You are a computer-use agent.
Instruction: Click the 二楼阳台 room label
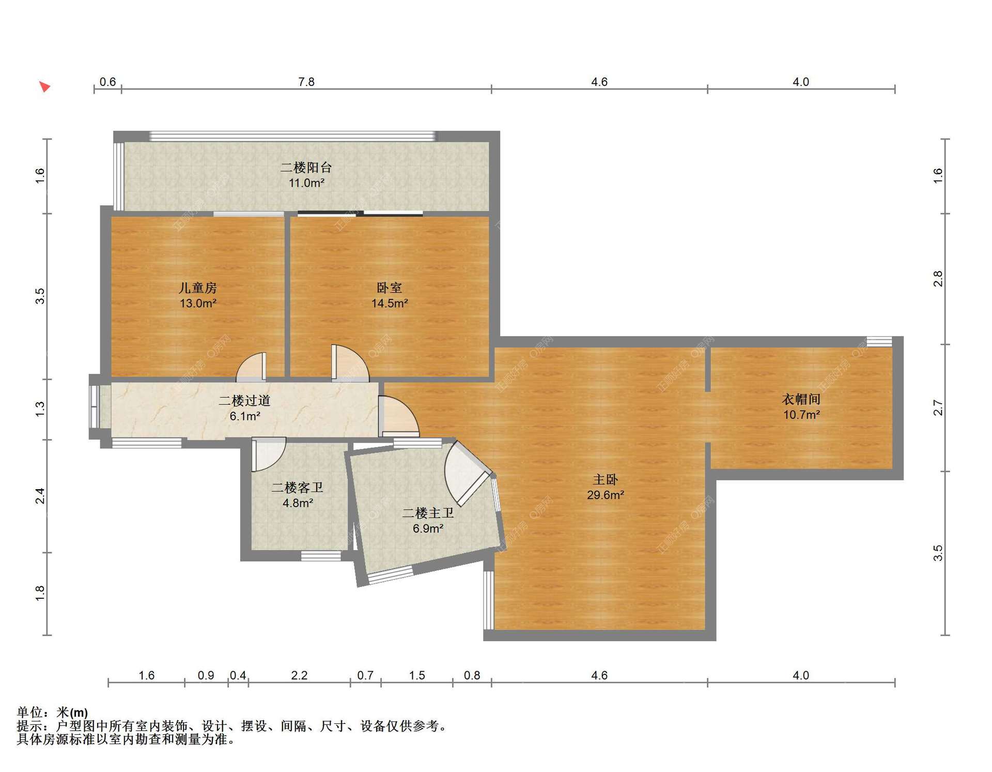pos(306,168)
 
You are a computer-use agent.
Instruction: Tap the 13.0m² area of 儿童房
pos(198,304)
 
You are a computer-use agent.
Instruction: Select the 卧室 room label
pos(389,288)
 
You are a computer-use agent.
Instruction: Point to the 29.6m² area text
pos(606,495)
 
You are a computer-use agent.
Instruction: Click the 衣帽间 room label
pos(801,399)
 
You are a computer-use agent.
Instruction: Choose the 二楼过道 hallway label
pos(244,401)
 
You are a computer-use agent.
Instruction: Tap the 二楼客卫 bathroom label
pos(298,488)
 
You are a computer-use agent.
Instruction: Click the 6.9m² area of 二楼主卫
pos(428,528)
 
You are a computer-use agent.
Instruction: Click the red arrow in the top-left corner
pos(45,86)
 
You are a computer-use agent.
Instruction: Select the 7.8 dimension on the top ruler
pos(306,82)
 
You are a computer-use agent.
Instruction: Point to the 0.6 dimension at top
pos(107,82)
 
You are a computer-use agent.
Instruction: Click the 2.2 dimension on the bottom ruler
pos(299,675)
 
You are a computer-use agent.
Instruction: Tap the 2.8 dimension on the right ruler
pos(938,279)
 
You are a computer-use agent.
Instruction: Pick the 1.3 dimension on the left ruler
pos(40,409)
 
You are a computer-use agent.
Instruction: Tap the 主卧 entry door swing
pos(398,416)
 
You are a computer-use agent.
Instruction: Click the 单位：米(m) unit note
pos(52,713)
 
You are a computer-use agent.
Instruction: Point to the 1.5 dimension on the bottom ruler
pos(417,675)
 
